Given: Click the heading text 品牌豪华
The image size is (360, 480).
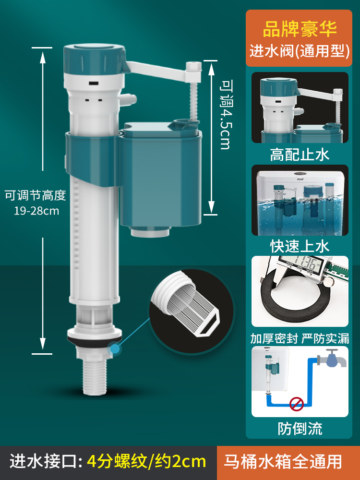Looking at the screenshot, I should (300, 28).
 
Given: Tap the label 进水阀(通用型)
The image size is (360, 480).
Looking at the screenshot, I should (300, 51).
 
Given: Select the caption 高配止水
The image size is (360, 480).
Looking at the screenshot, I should (300, 155).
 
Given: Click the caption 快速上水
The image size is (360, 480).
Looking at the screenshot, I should (300, 247).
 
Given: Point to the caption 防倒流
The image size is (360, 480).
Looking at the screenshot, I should (300, 428).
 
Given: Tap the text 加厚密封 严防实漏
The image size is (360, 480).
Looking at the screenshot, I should (300, 338).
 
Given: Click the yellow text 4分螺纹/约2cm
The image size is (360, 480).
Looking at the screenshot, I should (146, 461).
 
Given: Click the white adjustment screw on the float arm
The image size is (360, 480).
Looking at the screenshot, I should (193, 96).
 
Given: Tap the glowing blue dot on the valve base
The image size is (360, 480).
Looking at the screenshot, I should (115, 349).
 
